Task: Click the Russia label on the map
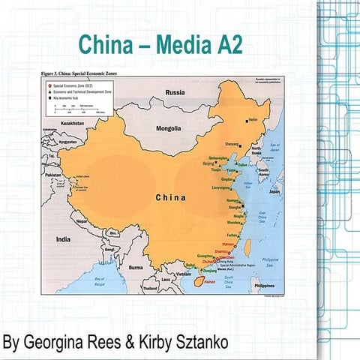click(174, 93)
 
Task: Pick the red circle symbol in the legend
click(46, 85)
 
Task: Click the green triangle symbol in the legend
click(46, 92)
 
